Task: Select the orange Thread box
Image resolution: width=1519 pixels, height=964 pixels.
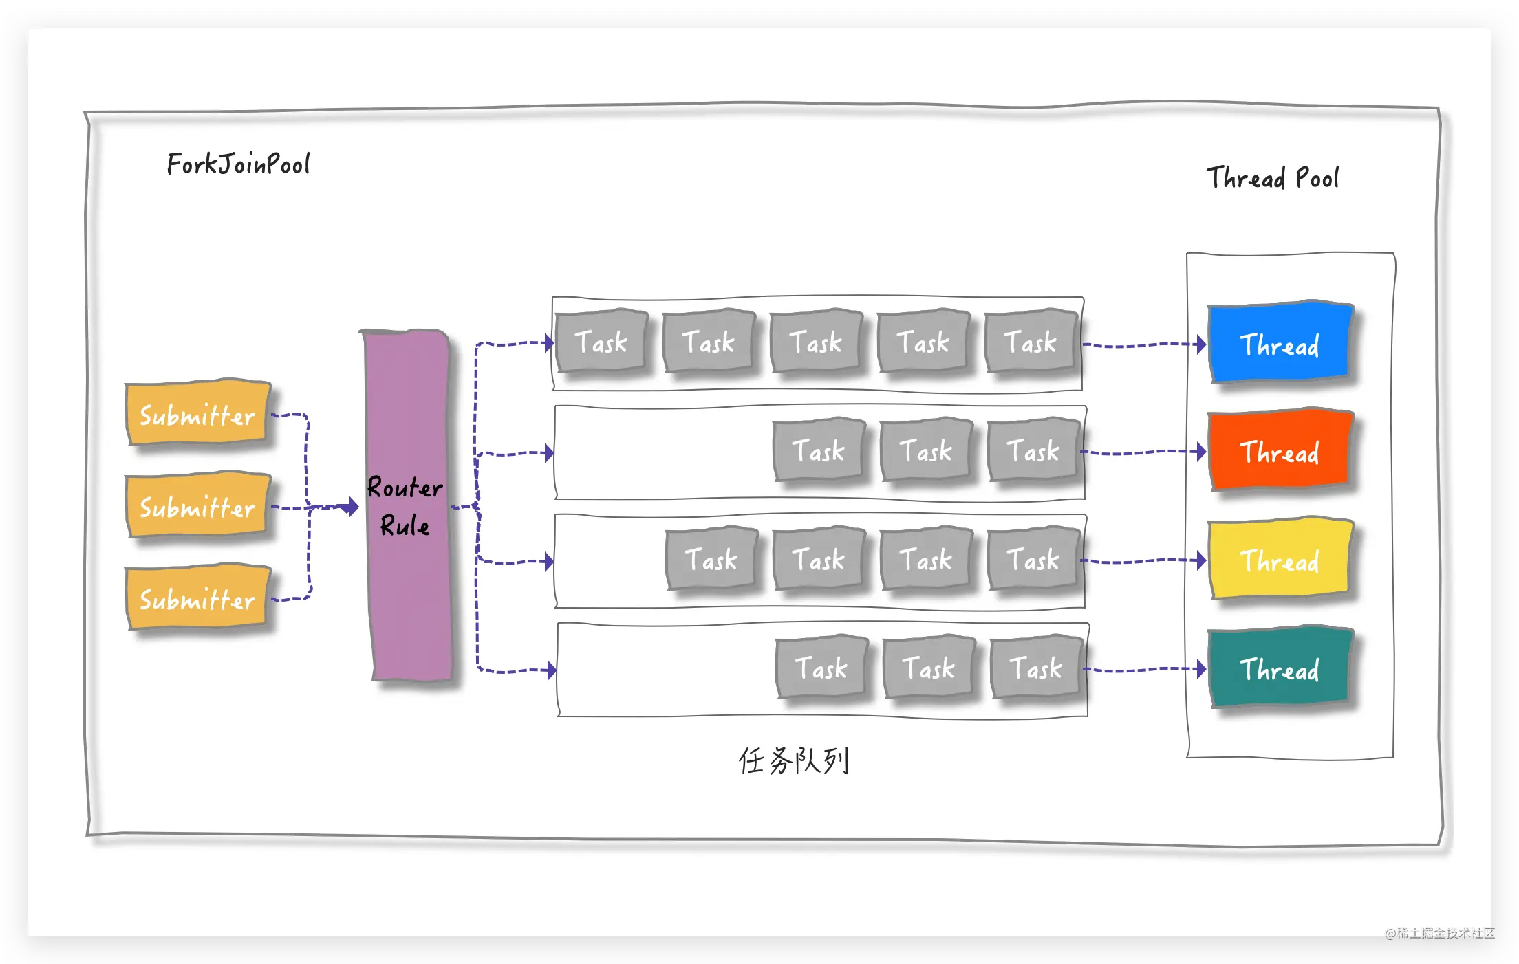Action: point(1281,450)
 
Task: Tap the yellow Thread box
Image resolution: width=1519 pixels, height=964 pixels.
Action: point(1281,559)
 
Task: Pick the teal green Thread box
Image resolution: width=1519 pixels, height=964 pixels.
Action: point(1281,668)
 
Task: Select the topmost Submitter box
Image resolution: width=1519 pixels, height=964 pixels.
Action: point(198,413)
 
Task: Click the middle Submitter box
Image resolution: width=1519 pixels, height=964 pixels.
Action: point(198,506)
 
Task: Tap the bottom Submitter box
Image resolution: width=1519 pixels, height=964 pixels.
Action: point(198,598)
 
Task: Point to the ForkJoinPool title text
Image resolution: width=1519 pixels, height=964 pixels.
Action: point(238,164)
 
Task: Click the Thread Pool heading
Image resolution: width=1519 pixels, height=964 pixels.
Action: point(1273,178)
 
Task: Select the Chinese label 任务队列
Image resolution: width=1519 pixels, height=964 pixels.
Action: point(794,760)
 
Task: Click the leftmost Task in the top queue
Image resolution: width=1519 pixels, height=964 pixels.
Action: point(602,341)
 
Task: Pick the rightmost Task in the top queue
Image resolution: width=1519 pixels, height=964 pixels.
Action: point(1031,341)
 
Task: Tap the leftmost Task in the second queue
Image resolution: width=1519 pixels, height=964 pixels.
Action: point(819,450)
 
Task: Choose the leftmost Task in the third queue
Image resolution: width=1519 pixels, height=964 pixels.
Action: point(712,558)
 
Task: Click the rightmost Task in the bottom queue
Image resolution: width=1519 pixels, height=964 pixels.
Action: point(1037,667)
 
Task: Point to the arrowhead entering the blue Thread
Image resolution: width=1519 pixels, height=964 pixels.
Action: point(1200,344)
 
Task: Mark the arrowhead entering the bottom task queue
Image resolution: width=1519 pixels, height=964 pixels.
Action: point(551,670)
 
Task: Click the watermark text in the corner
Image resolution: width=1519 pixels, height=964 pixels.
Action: point(1440,933)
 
